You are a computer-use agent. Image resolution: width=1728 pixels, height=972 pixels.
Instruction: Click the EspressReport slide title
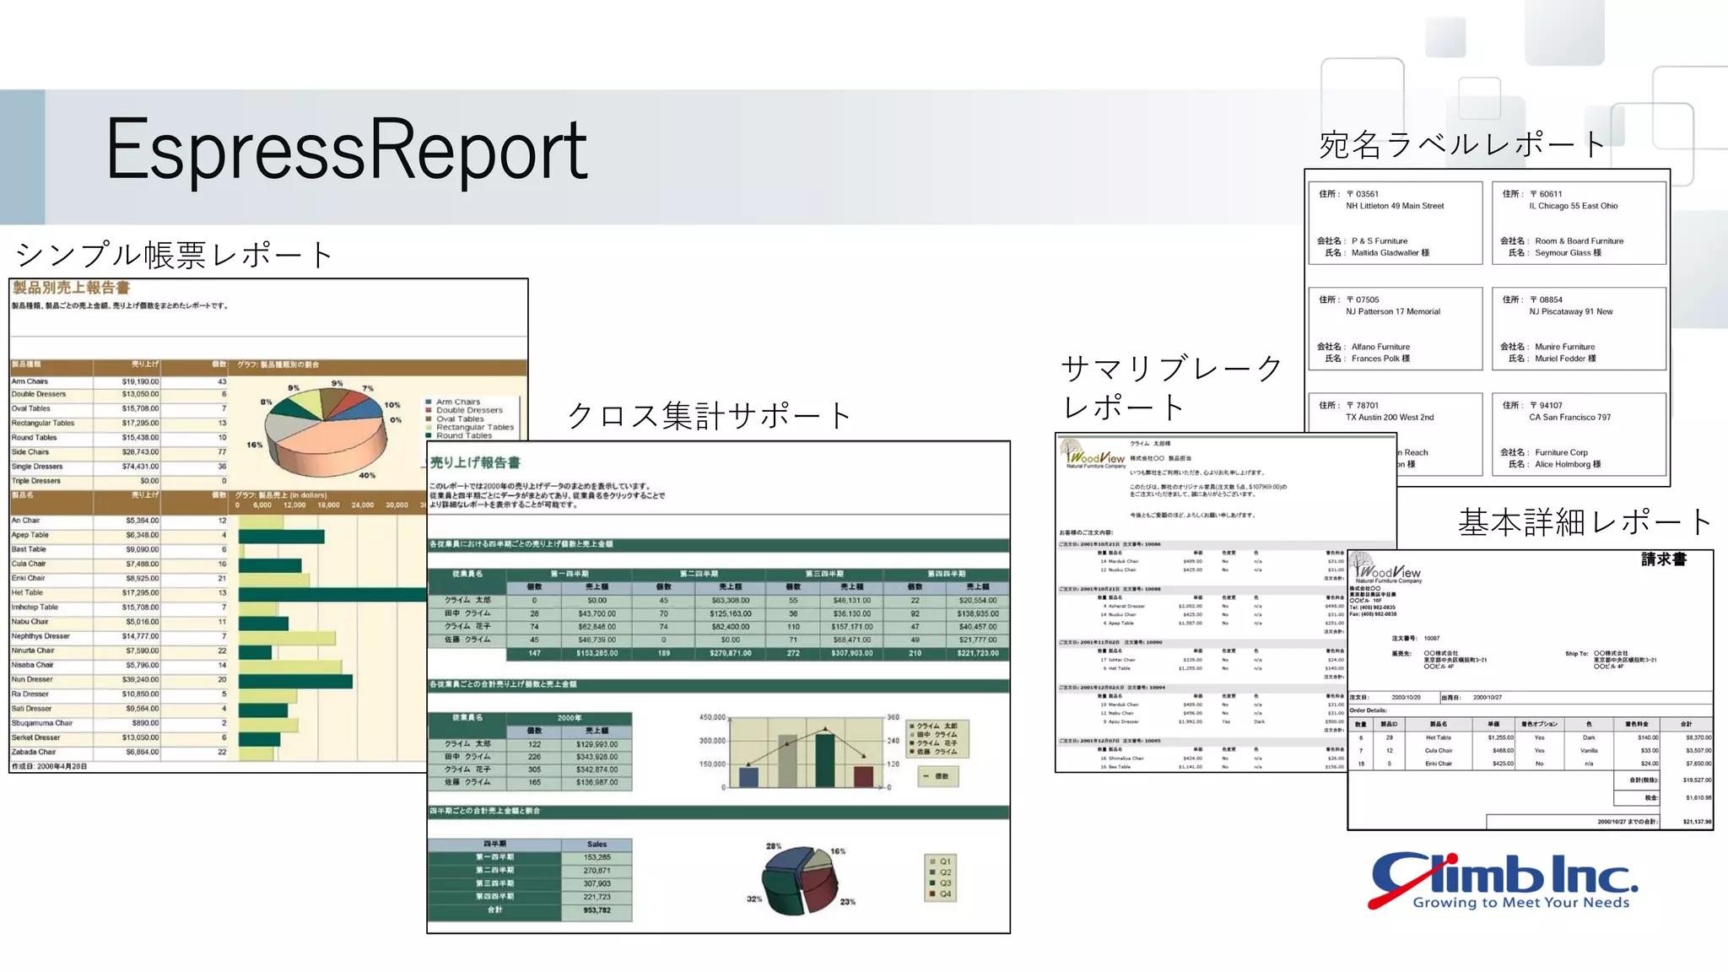point(347,150)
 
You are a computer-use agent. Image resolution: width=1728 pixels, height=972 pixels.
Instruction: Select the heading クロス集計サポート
point(709,415)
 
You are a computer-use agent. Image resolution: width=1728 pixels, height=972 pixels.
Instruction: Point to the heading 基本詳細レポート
point(1585,522)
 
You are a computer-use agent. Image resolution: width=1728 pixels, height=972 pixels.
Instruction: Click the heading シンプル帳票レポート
point(174,254)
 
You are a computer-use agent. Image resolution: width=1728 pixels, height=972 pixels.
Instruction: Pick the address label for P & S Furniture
point(1395,224)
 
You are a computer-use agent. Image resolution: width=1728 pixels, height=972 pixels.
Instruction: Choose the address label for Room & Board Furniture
point(1579,224)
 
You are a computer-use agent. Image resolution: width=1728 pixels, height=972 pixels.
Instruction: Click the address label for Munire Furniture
point(1579,329)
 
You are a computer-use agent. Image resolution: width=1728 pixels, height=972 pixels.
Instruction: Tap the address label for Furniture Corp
point(1579,435)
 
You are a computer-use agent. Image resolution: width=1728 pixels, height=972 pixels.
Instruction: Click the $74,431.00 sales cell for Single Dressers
point(140,467)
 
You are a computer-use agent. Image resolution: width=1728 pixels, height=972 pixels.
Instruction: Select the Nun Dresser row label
point(33,679)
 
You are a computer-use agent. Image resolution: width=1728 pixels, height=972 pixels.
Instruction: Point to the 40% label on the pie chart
point(367,475)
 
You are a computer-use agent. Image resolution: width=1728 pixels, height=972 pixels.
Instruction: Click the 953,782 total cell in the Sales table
point(597,910)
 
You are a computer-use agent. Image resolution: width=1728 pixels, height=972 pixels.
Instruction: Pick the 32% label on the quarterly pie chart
point(753,899)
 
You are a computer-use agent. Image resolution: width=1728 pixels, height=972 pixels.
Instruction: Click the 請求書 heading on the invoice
point(1663,559)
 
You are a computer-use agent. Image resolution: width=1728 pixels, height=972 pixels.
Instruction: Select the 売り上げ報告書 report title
point(475,462)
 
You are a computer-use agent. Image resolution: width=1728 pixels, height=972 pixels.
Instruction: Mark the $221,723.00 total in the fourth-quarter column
point(978,653)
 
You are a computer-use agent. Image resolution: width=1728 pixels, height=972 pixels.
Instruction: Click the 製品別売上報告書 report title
point(71,288)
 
